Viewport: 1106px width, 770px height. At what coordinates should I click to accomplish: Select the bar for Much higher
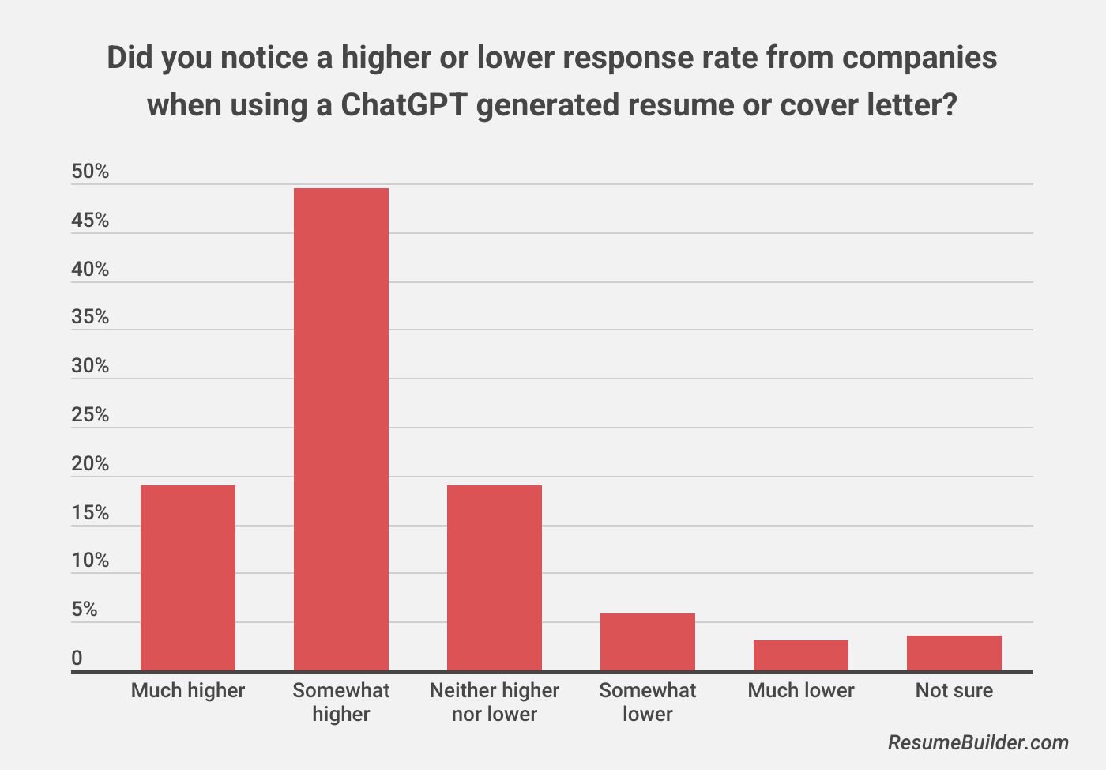tap(188, 578)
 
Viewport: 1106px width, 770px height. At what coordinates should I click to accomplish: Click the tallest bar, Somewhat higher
tap(341, 429)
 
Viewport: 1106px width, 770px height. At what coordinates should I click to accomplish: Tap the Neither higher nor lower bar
tap(495, 578)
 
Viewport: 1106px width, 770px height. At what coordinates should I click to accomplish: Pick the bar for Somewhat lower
tap(648, 642)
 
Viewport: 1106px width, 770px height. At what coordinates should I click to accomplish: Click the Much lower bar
tap(801, 655)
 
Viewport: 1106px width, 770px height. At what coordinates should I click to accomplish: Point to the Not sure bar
tap(954, 653)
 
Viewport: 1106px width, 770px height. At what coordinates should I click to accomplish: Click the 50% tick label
tap(90, 171)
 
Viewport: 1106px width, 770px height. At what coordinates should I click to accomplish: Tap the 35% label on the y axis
tap(90, 316)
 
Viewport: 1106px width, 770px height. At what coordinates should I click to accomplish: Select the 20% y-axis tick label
tap(90, 463)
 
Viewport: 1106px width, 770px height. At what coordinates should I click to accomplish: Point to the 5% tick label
tap(85, 609)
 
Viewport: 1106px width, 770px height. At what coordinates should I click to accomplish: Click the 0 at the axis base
tap(77, 658)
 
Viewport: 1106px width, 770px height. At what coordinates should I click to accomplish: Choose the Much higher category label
tap(188, 690)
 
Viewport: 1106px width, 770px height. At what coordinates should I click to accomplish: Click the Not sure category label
tap(954, 690)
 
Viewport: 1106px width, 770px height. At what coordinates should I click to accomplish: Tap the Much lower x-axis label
tap(801, 690)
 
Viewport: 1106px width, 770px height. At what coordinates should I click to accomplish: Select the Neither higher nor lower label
tap(495, 702)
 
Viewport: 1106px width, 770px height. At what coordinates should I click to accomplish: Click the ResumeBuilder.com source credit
tap(978, 743)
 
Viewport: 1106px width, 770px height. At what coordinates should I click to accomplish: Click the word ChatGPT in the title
tap(404, 105)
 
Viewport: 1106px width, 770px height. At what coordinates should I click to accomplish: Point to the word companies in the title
tap(920, 59)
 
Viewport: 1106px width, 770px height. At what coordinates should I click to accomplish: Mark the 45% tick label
tap(90, 220)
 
